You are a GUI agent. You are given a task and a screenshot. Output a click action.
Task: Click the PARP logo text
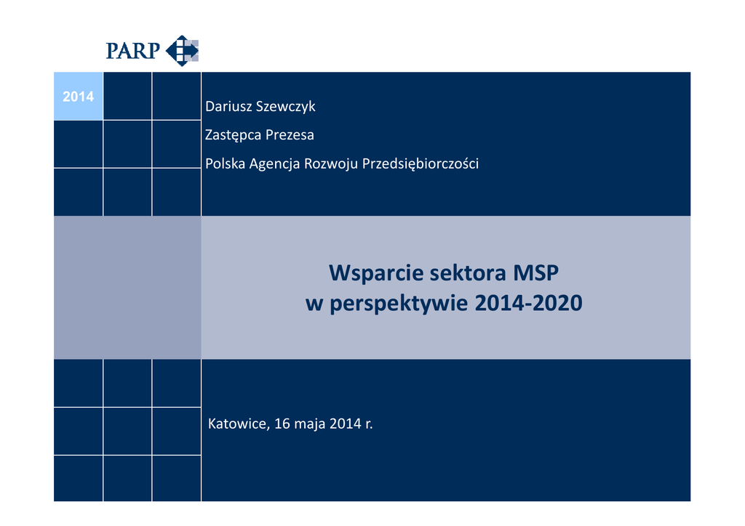pyautogui.click(x=132, y=51)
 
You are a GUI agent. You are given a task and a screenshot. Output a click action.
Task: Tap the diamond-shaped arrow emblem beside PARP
pyautogui.click(x=182, y=50)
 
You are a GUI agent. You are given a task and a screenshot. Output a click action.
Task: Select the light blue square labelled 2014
pyautogui.click(x=78, y=97)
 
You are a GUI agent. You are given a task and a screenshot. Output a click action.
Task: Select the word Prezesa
pyautogui.click(x=290, y=135)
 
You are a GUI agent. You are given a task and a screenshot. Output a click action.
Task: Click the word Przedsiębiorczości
pyautogui.click(x=421, y=164)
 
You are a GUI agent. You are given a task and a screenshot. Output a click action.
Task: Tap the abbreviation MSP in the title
pyautogui.click(x=536, y=272)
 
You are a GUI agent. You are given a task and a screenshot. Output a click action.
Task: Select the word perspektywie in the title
pyautogui.click(x=399, y=304)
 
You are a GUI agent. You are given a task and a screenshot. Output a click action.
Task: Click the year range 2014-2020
pyautogui.click(x=528, y=303)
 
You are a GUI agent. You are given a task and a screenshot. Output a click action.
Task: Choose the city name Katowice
pyautogui.click(x=239, y=424)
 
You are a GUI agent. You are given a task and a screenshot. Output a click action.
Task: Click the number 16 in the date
pyautogui.click(x=282, y=424)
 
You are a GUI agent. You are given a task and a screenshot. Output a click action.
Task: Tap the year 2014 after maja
pyautogui.click(x=346, y=424)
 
